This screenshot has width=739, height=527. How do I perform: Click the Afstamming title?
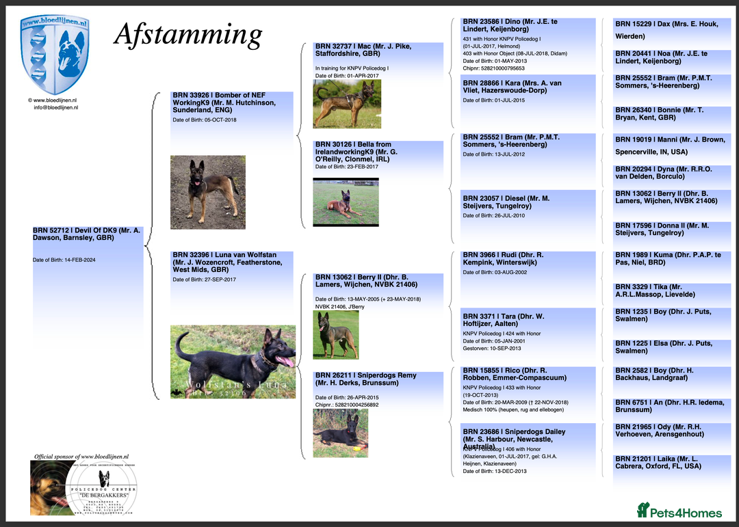coord(187,34)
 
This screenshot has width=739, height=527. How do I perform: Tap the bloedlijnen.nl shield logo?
coord(54,53)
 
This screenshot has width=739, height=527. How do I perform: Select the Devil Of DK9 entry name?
coord(86,234)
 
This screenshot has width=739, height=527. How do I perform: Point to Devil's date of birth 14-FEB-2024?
coord(64,260)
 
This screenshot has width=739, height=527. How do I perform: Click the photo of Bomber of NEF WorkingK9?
coord(207,192)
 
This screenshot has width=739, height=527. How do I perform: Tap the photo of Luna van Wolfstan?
coord(233,362)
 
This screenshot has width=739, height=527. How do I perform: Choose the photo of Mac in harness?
coord(347,104)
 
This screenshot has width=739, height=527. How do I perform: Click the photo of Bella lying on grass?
coord(346,202)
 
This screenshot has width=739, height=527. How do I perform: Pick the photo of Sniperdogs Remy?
coord(340,433)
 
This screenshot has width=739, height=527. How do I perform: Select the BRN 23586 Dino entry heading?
coord(510,26)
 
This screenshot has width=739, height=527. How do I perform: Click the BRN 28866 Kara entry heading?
coord(513,87)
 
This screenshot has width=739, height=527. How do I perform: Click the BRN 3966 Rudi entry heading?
coord(503,258)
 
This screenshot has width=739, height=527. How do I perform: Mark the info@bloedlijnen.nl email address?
coord(55,107)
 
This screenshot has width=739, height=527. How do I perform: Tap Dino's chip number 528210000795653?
coord(494,68)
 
